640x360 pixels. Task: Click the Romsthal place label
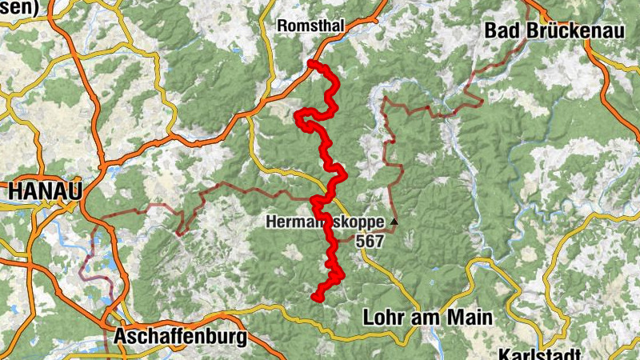pyautogui.click(x=310, y=26)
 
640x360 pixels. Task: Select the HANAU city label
pyautogui.click(x=46, y=192)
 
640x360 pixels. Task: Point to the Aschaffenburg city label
pyautogui.click(x=180, y=337)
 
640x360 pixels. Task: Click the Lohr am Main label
pyautogui.click(x=427, y=317)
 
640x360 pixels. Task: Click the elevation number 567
pyautogui.click(x=371, y=240)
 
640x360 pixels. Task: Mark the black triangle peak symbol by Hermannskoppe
pyautogui.click(x=394, y=221)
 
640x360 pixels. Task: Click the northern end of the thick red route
pyautogui.click(x=310, y=63)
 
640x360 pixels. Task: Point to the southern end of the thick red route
pyautogui.click(x=316, y=297)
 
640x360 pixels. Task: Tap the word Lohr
pyautogui.click(x=382, y=317)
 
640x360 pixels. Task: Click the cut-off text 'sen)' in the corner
pyautogui.click(x=19, y=6)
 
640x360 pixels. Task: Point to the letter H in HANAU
pyautogui.click(x=14, y=192)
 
